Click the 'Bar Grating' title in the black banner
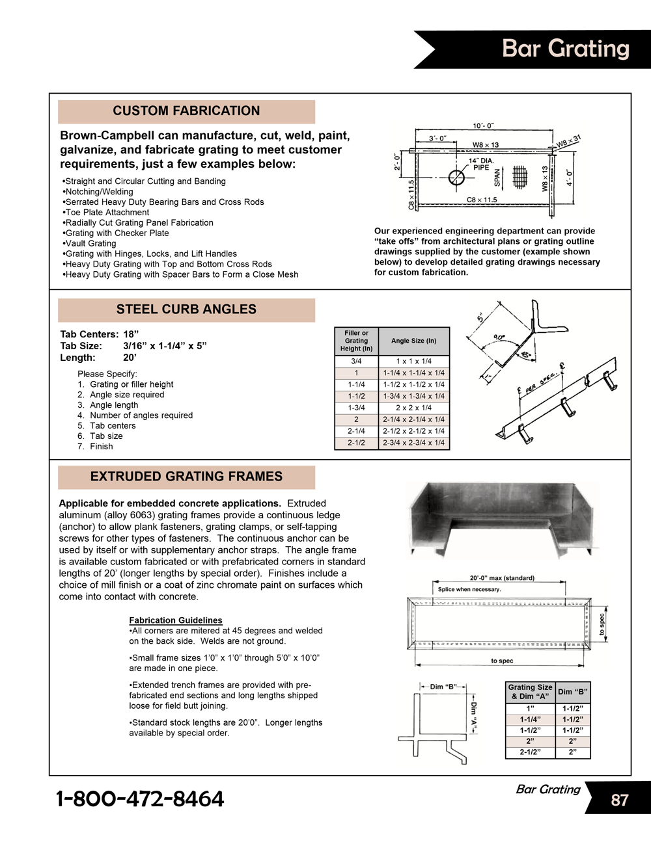tap(565, 49)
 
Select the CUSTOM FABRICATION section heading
tap(186, 111)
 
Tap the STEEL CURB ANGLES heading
tap(186, 310)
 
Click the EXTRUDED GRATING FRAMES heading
tap(186, 477)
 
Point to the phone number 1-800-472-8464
tap(140, 798)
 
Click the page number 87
tap(619, 800)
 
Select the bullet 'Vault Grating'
tap(90, 243)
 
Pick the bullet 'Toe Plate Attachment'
tap(106, 212)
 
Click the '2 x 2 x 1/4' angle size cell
tap(413, 408)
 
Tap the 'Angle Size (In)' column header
tap(413, 341)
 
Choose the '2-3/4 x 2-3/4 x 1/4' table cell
tap(413, 443)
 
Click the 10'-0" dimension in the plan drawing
tap(482, 125)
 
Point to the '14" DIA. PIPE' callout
tap(481, 164)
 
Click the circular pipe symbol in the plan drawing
tap(457, 177)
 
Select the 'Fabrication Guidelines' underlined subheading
tap(176, 620)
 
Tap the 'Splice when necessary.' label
tap(469, 589)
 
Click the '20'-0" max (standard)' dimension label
tap(502, 578)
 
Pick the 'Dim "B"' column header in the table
tap(572, 691)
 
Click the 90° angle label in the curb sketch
tap(499, 337)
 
